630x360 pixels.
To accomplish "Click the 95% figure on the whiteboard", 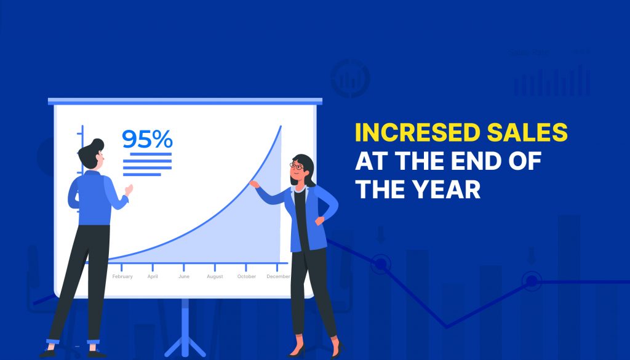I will pos(147,140).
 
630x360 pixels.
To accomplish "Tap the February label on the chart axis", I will pos(122,277).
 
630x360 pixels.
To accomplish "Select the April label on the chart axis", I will pos(153,277).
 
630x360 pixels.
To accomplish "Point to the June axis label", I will pos(184,277).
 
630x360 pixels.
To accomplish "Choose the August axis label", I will pos(215,277).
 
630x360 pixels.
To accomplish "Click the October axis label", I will pos(246,277).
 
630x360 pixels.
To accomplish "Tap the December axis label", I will pos(278,277).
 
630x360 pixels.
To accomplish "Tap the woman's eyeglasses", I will pos(297,166).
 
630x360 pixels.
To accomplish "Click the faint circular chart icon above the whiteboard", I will pos(350,78).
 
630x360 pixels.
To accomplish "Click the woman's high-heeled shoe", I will pos(297,351).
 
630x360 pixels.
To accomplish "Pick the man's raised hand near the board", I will pos(128,190).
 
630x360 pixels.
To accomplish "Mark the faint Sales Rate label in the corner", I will pos(528,53).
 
